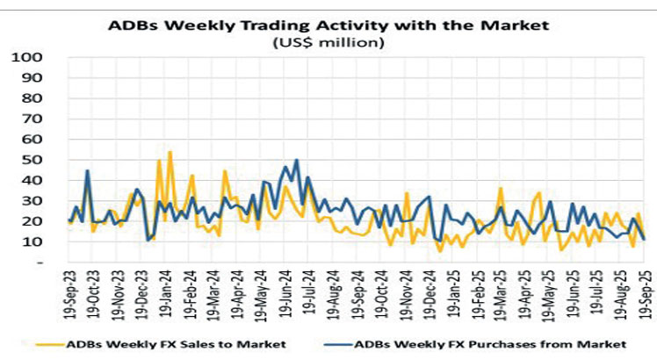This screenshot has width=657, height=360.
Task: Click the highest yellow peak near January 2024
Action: [x=170, y=152]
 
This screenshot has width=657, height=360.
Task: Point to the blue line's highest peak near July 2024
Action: [x=297, y=160]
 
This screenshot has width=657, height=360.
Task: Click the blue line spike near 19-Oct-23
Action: [x=88, y=170]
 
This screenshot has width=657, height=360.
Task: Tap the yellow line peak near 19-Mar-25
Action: [x=500, y=188]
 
